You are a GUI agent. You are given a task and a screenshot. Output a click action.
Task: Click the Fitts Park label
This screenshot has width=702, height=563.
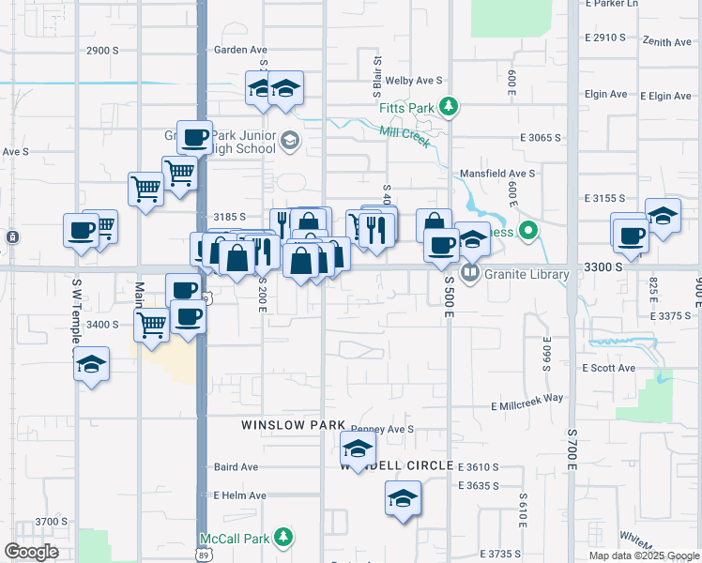pyautogui.click(x=406, y=108)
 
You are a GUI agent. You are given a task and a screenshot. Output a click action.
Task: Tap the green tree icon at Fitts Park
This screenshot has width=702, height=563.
pyautogui.click(x=449, y=106)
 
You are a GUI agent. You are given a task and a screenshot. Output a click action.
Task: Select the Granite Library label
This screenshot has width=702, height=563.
pyautogui.click(x=526, y=275)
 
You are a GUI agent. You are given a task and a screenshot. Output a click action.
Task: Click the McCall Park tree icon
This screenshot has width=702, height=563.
pyautogui.click(x=284, y=539)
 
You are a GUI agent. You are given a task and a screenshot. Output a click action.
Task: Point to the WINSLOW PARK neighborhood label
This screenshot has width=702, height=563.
pyautogui.click(x=293, y=425)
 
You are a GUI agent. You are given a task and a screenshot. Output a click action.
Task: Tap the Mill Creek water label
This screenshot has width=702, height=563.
pyautogui.click(x=404, y=137)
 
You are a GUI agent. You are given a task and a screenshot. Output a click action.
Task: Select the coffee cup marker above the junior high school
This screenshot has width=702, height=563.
pyautogui.click(x=194, y=138)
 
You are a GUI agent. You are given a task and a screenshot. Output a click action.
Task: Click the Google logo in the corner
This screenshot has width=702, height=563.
pyautogui.click(x=31, y=552)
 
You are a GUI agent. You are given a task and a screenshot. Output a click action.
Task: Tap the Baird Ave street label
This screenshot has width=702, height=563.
pyautogui.click(x=236, y=466)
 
